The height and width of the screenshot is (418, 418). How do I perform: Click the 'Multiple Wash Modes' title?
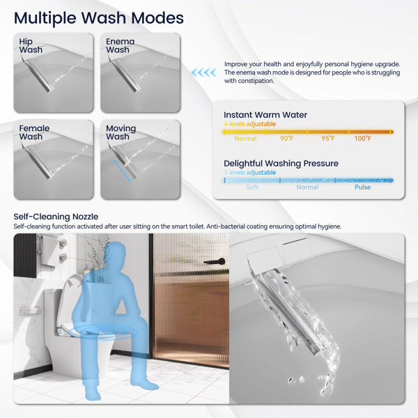(98, 17)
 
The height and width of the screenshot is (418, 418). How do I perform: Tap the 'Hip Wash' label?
(31, 46)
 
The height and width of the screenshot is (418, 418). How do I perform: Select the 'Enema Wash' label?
(120, 46)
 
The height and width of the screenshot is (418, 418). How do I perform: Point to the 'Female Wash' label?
(34, 132)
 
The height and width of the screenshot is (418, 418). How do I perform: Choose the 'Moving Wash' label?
(121, 132)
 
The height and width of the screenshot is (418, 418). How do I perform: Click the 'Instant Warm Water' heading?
(265, 115)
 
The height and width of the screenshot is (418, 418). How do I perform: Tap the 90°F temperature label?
(286, 139)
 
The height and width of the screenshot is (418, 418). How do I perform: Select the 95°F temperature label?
(327, 139)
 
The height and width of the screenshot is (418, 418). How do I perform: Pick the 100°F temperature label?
(362, 139)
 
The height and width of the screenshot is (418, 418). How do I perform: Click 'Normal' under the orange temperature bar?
(245, 139)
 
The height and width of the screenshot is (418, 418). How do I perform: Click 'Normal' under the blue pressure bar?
(307, 187)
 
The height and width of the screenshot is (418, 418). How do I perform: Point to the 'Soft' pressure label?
(252, 187)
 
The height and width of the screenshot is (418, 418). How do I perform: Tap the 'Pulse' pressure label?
(362, 187)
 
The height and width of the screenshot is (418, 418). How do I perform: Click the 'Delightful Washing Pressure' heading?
(281, 164)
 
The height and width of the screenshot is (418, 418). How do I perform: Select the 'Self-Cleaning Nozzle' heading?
(56, 217)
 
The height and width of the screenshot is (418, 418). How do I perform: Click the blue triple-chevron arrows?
(204, 72)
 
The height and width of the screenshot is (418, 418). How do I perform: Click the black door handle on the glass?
(215, 261)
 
